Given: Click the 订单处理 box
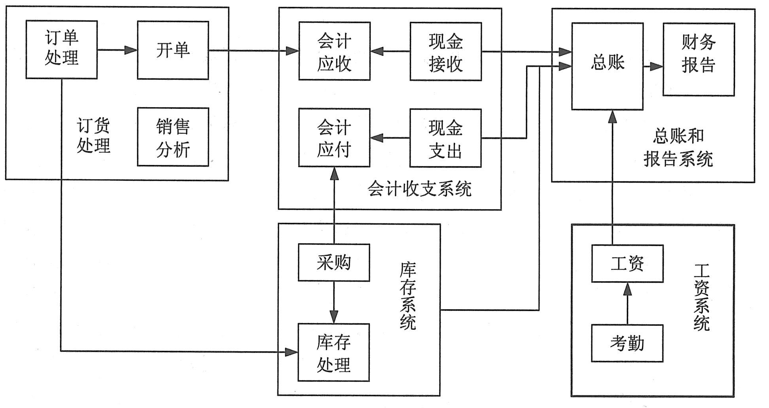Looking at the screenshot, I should click(x=62, y=49).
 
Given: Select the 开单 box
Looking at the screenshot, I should click(x=173, y=50).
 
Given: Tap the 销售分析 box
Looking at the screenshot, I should click(x=173, y=137).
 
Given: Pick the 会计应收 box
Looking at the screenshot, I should click(x=334, y=51).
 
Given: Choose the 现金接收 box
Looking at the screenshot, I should click(x=445, y=51).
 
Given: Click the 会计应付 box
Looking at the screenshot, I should click(x=334, y=138).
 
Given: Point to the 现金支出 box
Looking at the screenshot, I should click(x=445, y=138).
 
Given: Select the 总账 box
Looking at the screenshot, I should click(x=607, y=66).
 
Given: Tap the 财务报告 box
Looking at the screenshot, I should click(x=699, y=59).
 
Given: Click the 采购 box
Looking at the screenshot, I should click(x=334, y=263).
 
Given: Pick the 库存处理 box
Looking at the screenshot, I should click(x=333, y=352).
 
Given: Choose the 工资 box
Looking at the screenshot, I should click(x=627, y=263).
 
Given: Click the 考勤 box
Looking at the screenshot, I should click(x=627, y=343).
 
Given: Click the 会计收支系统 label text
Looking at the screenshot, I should click(x=420, y=189).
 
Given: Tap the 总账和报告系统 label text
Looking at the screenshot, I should click(x=678, y=147).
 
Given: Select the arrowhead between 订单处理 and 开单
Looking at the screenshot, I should click(x=131, y=50).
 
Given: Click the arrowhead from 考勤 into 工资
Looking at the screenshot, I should click(x=627, y=290).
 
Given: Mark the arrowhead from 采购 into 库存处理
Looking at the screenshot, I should click(x=334, y=317).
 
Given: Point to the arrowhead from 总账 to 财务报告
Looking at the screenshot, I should click(x=657, y=66).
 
